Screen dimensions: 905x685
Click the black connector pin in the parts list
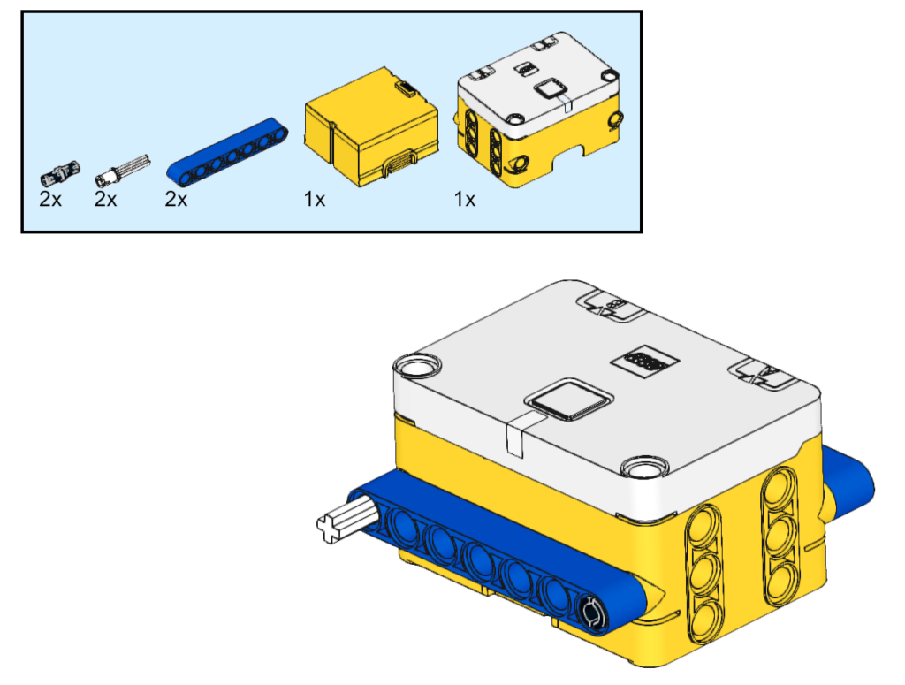click(60, 172)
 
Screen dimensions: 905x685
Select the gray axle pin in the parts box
click(122, 171)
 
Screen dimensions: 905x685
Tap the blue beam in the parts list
click(227, 153)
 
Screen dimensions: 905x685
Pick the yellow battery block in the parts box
click(371, 127)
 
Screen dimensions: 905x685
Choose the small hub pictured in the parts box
click(539, 110)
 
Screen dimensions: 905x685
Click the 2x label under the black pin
click(50, 199)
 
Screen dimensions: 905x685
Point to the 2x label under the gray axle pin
click(106, 199)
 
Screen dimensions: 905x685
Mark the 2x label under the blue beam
click(176, 199)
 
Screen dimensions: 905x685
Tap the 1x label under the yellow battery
click(315, 199)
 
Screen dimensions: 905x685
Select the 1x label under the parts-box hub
click(465, 199)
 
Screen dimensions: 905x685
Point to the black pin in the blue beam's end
click(591, 613)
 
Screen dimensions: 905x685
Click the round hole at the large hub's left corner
click(417, 366)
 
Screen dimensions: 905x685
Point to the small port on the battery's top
click(407, 88)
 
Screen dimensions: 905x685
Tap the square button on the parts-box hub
click(549, 89)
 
